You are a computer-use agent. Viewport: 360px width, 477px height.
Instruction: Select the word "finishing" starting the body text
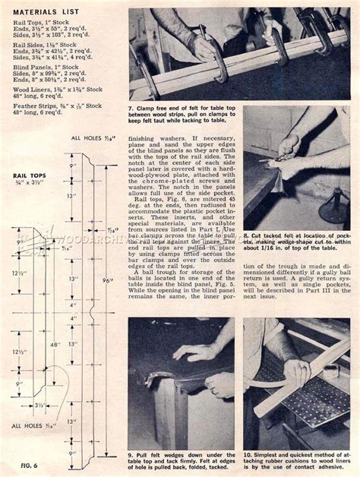pos(141,139)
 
